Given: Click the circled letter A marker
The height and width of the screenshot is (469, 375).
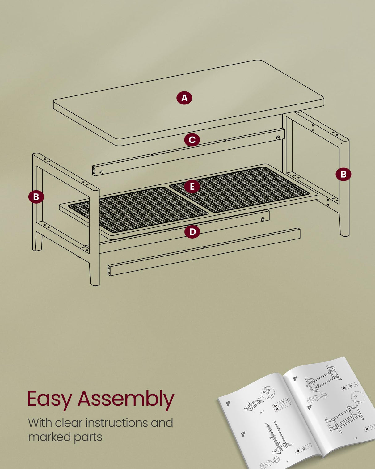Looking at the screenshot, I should tap(184, 98).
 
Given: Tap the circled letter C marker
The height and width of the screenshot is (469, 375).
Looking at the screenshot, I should tap(192, 140).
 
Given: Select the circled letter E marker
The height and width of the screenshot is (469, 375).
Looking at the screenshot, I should tap(192, 187).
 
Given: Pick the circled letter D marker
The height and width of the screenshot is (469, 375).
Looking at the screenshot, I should tap(192, 232).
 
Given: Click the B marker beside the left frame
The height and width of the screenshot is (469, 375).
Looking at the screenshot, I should tap(36, 197).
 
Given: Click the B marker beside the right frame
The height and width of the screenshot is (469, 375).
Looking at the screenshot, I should tap(343, 174).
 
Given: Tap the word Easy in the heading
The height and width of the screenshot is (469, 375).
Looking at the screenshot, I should tap(49, 399).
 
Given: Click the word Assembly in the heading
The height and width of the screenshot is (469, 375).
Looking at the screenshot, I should tap(126, 399).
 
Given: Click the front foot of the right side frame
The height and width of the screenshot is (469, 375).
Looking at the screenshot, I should tap(344, 227).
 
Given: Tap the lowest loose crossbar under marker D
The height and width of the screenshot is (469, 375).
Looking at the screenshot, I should tap(204, 251).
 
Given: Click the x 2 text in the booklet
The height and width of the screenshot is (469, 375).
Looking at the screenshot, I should tap(262, 412).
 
